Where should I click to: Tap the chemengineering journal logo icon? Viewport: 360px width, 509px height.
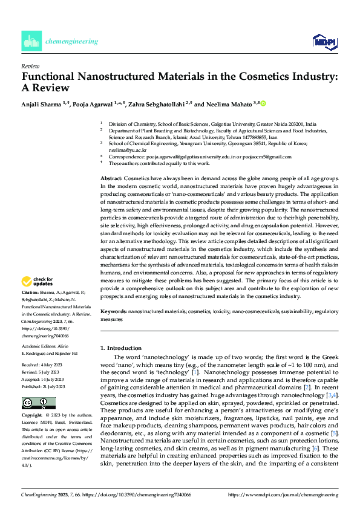(31, 41)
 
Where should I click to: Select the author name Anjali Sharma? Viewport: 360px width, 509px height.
(43, 103)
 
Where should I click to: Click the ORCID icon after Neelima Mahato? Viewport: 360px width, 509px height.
(263, 103)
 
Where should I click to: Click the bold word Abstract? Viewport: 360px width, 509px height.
(111, 180)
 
